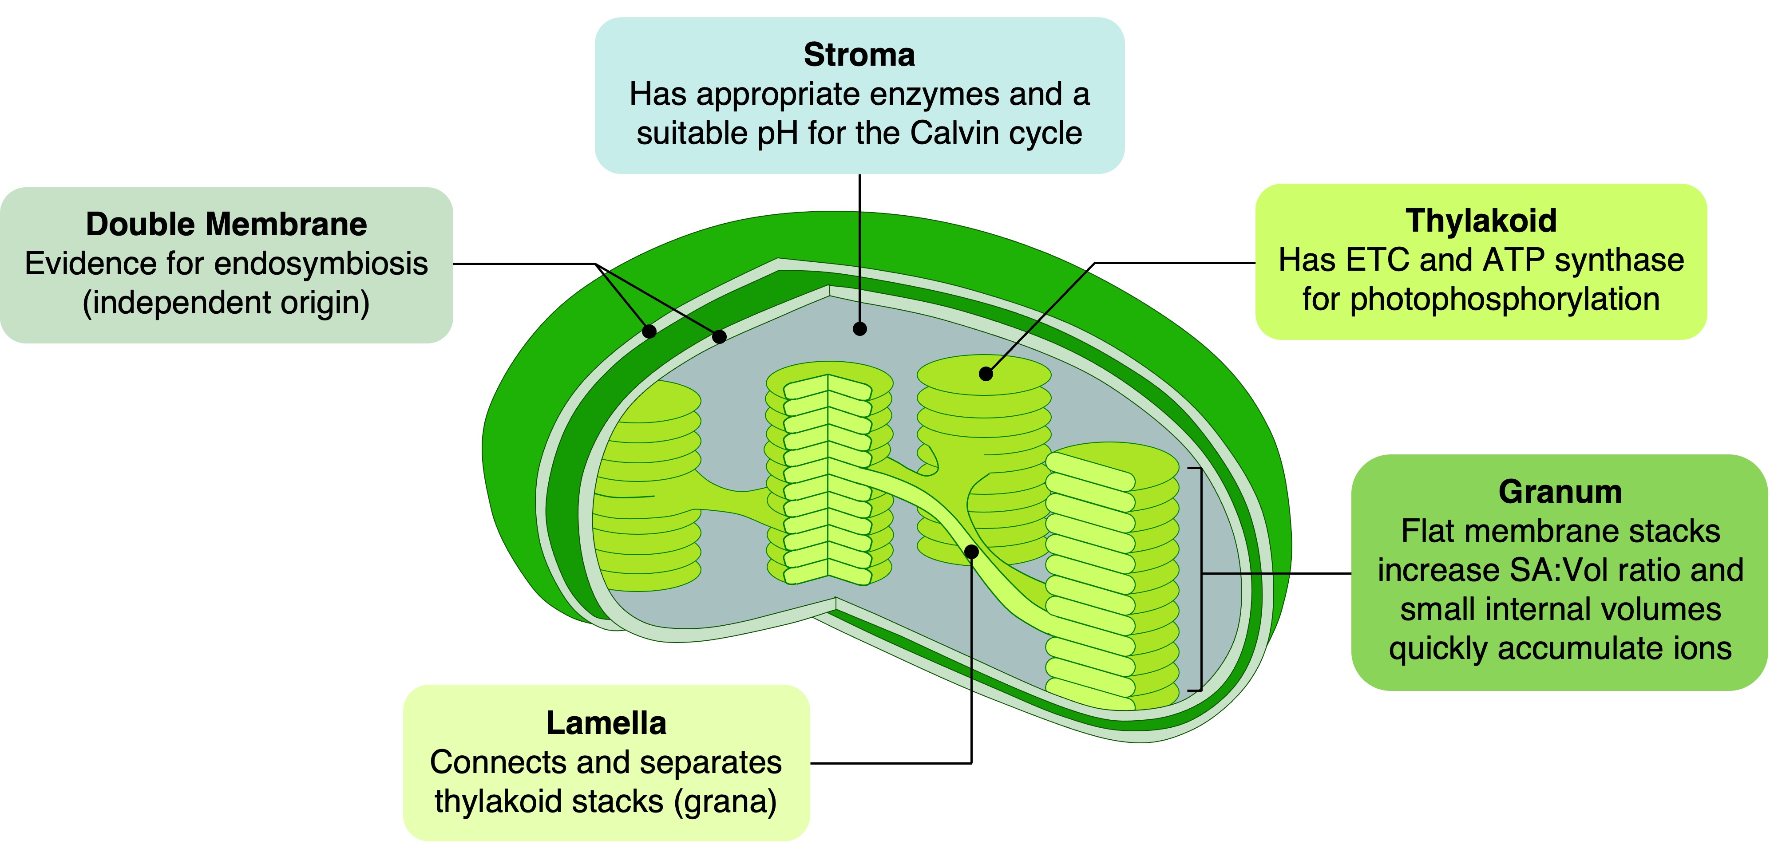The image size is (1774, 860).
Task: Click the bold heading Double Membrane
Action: pos(226,225)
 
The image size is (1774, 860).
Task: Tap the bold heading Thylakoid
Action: pos(1481,221)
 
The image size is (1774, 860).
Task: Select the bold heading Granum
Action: pos(1560,492)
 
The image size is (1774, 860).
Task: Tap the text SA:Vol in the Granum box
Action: pos(1558,571)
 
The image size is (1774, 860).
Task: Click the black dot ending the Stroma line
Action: pos(859,329)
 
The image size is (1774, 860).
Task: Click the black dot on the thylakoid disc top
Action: pos(986,374)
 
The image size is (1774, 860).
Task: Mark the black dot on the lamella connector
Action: pos(971,552)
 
